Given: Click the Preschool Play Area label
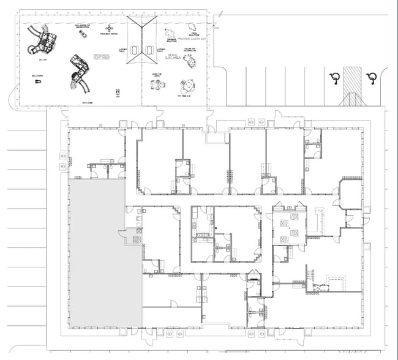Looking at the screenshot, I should (x=101, y=56).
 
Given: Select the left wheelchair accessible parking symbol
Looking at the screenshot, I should (x=334, y=77).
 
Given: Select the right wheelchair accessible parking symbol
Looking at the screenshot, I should (x=370, y=77).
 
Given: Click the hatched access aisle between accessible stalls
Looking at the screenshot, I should (x=353, y=80).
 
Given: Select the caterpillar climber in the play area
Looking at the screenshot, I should (x=190, y=61).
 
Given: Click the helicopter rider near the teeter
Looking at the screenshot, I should (x=81, y=33).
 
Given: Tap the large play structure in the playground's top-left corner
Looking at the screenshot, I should (x=44, y=40).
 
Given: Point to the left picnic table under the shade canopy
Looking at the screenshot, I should (x=135, y=48).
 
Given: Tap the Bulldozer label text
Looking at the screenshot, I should (x=37, y=75).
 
